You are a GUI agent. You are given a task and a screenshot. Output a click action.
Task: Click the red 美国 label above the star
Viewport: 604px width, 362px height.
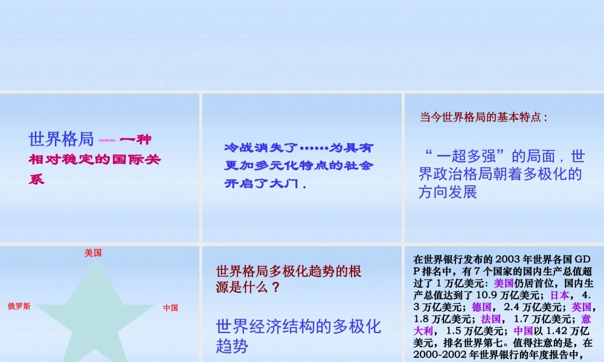(x=93, y=253)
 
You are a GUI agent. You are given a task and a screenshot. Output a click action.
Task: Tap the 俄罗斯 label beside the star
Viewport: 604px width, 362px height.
(x=19, y=306)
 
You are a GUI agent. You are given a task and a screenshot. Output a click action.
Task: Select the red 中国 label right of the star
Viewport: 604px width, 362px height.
(x=170, y=308)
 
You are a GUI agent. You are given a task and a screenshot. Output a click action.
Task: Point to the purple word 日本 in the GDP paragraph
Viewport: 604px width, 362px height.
(x=560, y=295)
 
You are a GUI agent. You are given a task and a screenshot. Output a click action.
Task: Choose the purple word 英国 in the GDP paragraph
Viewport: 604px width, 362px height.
(x=582, y=307)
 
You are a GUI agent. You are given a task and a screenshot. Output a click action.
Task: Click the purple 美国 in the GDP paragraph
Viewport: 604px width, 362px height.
(x=504, y=283)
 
